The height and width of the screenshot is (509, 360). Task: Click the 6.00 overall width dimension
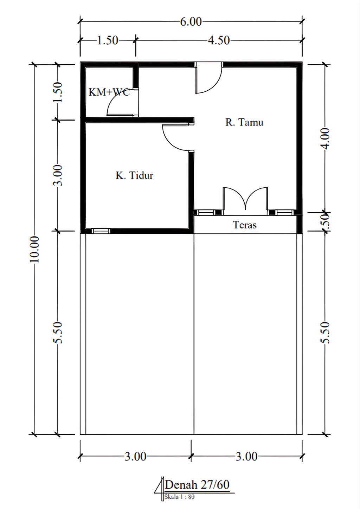tap(191, 22)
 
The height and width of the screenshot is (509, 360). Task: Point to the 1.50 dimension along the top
tap(108, 41)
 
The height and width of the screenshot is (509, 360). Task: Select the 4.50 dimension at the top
tap(219, 41)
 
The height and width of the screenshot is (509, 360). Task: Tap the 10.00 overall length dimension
tap(34, 249)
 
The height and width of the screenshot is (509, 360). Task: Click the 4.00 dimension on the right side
tap(325, 138)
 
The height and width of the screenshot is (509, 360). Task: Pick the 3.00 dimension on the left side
tap(58, 175)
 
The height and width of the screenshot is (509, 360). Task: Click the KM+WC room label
tap(109, 92)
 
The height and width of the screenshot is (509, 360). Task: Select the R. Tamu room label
tap(244, 122)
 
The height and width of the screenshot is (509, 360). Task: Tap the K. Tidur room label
tap(135, 175)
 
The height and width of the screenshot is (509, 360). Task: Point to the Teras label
tap(245, 225)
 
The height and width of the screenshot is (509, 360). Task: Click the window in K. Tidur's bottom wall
tap(101, 231)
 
